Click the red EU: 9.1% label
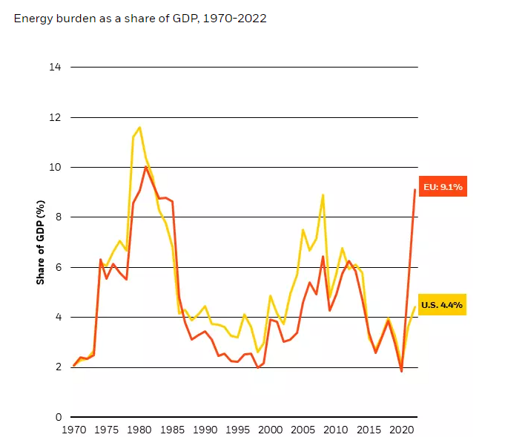pyautogui.click(x=442, y=187)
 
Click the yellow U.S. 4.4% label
pyautogui.click(x=442, y=304)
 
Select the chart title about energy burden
pyautogui.click(x=140, y=18)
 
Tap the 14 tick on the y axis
pyautogui.click(x=55, y=67)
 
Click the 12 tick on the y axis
pyautogui.click(x=55, y=117)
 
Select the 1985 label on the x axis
pyautogui.click(x=172, y=430)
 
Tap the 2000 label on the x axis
pyautogui.click(x=271, y=430)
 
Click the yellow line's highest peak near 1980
pyautogui.click(x=139, y=128)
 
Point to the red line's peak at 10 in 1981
pyautogui.click(x=146, y=167)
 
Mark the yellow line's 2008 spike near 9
pyautogui.click(x=323, y=195)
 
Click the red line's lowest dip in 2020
pyautogui.click(x=402, y=371)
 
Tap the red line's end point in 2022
pyautogui.click(x=415, y=190)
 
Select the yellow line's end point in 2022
pyautogui.click(x=415, y=307)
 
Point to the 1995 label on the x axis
pyautogui.click(x=238, y=430)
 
